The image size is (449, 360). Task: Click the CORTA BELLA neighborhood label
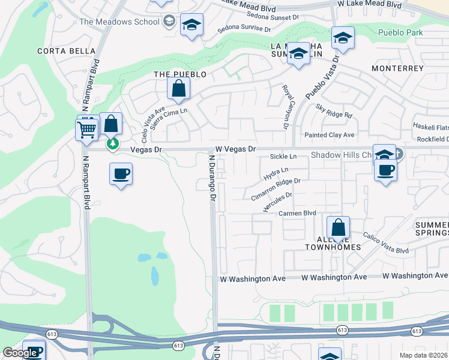tap(59, 51)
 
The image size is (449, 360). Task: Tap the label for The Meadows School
tap(119, 22)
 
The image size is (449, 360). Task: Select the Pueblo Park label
tap(400, 32)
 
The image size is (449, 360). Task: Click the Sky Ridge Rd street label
tap(334, 110)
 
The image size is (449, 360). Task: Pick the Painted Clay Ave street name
tap(329, 135)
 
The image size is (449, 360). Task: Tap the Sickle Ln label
tap(283, 157)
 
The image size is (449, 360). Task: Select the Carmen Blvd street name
tap(297, 214)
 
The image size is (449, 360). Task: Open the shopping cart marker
tap(87, 128)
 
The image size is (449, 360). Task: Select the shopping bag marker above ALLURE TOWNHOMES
tap(338, 228)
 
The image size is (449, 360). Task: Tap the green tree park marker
tap(112, 144)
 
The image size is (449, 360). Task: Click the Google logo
tap(20, 353)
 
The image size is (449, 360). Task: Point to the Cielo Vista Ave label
tap(152, 122)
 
